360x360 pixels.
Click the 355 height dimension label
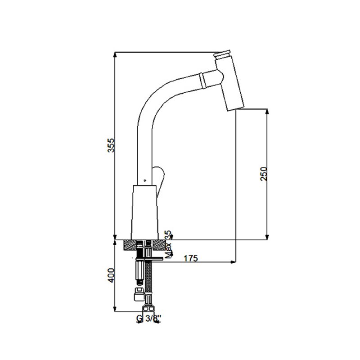(x=111, y=145)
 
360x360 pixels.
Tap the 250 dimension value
(x=264, y=174)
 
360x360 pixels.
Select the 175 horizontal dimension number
(x=190, y=258)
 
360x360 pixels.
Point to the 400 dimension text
(x=111, y=275)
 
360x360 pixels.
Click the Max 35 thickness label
(x=169, y=244)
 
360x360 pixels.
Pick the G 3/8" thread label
(x=149, y=318)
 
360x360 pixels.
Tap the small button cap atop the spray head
(x=222, y=54)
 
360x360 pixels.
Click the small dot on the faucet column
(x=144, y=180)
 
